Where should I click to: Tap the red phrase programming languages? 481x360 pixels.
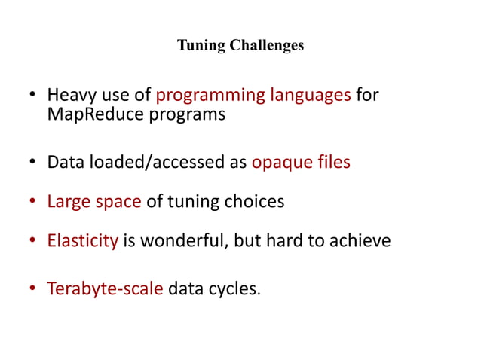point(253,96)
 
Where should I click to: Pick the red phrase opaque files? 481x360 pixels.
point(300,162)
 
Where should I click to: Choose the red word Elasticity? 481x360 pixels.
point(82,242)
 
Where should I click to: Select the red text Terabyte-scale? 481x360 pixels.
point(105,288)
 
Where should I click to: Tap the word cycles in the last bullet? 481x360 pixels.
point(235,288)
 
